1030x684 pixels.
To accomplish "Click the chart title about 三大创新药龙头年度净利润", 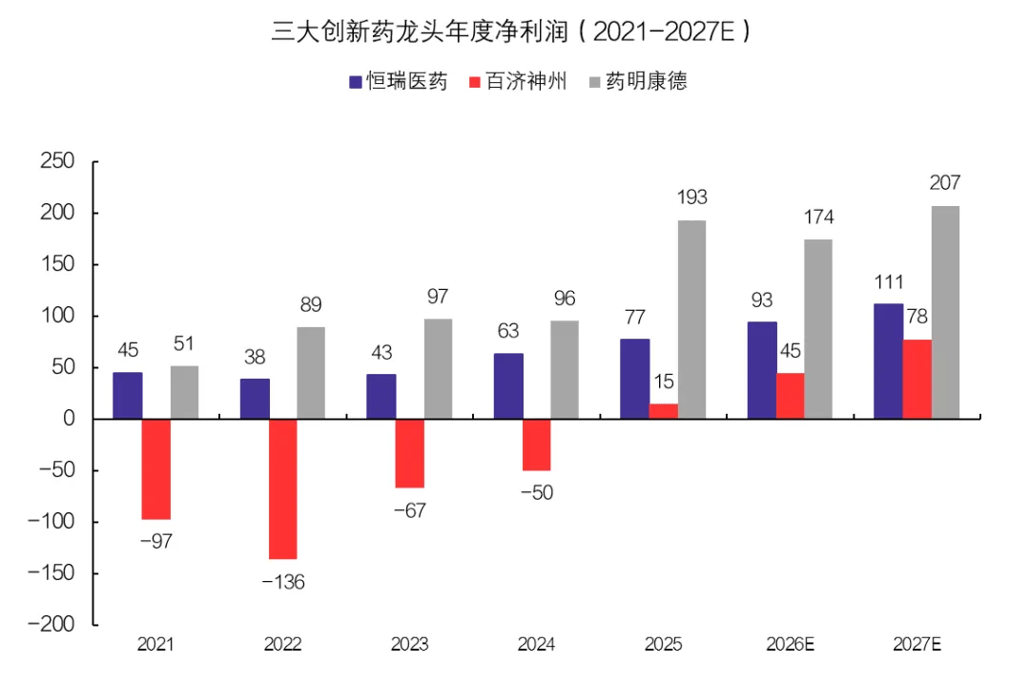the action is coord(511,31).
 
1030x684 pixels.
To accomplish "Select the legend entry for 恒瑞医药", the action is coord(398,81).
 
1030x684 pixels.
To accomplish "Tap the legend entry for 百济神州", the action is coord(518,81).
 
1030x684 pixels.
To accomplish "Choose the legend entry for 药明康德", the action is coord(638,81).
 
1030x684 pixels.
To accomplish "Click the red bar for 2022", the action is coord(283,488).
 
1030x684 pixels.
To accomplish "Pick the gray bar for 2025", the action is coord(691,320).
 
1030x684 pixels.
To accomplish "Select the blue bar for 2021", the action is coord(128,396).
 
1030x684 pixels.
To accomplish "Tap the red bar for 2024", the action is coord(537,445).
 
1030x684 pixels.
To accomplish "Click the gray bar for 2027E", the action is coord(945,312).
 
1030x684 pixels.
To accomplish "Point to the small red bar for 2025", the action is coord(664,411).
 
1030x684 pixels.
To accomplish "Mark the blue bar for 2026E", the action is coord(762,370).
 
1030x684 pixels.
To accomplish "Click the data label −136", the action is coord(283,582).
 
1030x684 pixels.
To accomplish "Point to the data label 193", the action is coord(692,197).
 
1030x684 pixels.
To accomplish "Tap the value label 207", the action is coord(945,182).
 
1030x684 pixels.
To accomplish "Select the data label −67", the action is coord(410,510).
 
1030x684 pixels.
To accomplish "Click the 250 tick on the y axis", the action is coord(57,161).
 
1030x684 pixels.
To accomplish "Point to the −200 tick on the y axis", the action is coord(51,624).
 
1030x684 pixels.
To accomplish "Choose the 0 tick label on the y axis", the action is coord(69,419).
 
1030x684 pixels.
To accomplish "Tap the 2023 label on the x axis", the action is coord(410,645).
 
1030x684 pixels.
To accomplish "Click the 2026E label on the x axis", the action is coord(791,645).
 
